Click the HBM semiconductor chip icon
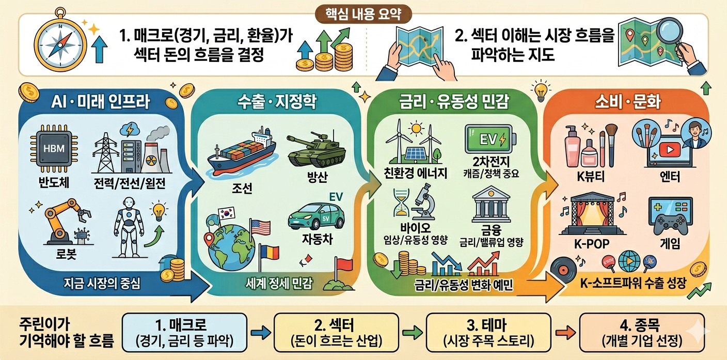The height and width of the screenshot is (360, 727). (x=54, y=149)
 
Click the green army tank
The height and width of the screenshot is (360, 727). (x=315, y=148)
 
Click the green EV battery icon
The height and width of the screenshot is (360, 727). (x=490, y=139)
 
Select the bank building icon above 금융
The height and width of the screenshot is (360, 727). (x=491, y=205)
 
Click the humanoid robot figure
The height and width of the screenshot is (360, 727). (x=129, y=227)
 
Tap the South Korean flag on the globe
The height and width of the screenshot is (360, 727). (x=227, y=213)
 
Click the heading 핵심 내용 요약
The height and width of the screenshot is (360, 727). (x=363, y=14)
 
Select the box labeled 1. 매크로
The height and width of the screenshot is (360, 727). (x=184, y=333)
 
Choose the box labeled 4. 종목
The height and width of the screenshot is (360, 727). (x=642, y=333)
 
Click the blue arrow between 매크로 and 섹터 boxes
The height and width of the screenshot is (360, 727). (x=261, y=333)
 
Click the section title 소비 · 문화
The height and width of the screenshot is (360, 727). (x=628, y=102)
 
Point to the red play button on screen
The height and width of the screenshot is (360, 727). (x=670, y=149)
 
